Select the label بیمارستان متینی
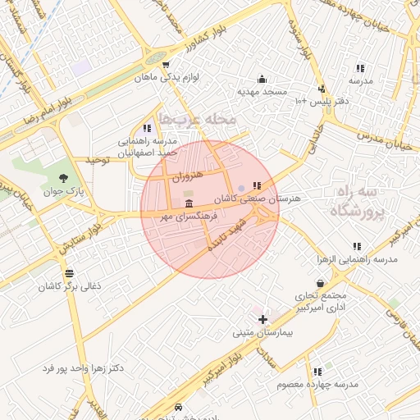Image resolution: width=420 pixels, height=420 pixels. (264, 332)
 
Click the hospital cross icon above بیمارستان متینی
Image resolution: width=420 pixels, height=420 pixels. (262, 318)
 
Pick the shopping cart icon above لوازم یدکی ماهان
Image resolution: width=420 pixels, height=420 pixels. (166, 65)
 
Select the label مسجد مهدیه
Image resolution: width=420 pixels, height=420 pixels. (261, 91)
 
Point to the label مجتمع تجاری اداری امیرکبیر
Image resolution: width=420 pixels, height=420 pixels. (320, 301)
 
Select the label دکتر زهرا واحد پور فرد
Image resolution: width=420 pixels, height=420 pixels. (84, 367)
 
